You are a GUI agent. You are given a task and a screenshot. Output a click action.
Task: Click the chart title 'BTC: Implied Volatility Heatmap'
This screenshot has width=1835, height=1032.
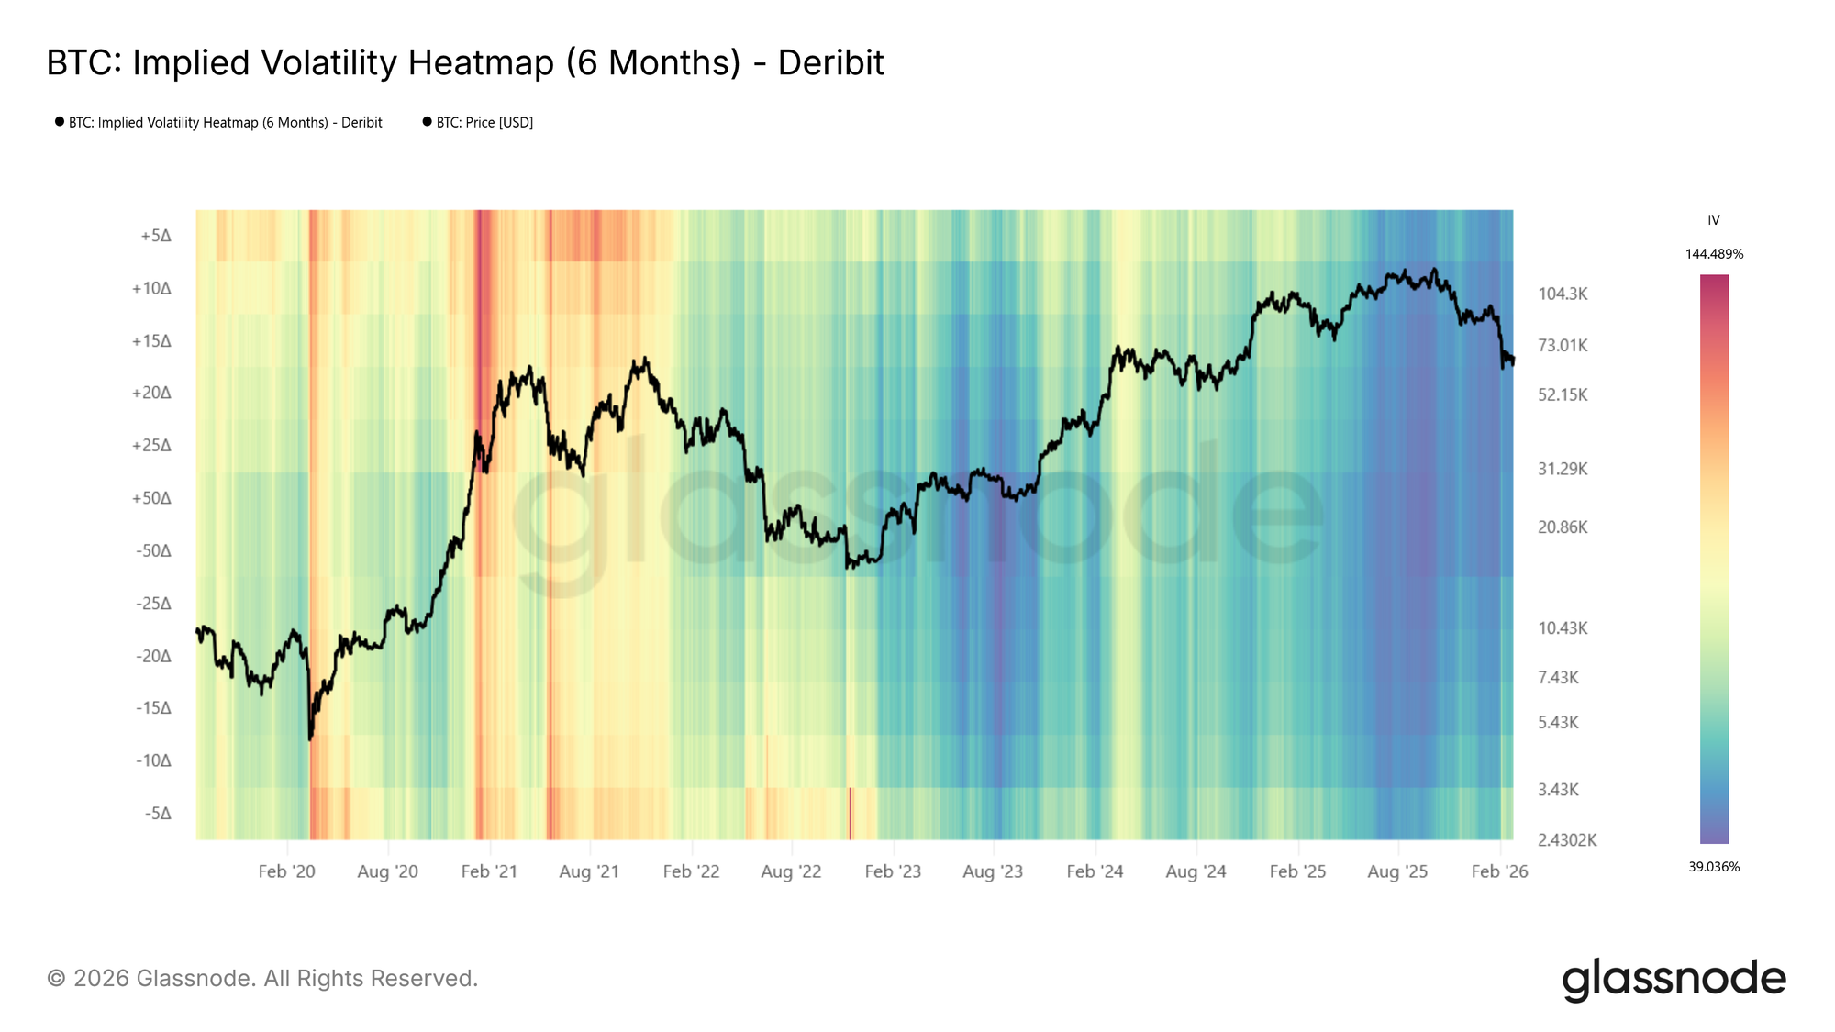[464, 63]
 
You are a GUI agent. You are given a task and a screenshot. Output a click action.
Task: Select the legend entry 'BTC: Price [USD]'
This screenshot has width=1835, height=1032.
[484, 123]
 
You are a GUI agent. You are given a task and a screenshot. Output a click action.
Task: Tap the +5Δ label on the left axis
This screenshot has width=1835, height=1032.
[156, 237]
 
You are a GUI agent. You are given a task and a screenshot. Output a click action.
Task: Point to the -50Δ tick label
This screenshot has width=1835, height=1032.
[153, 551]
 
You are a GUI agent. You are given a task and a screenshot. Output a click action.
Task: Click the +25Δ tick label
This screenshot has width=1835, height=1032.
[151, 446]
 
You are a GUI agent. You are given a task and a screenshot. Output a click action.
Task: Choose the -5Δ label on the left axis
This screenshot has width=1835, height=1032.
[158, 814]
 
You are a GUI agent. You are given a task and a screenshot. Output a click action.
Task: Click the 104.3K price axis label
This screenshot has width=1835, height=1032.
[1563, 294]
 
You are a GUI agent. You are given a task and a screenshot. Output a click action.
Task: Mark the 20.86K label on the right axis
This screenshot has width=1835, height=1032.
[1563, 527]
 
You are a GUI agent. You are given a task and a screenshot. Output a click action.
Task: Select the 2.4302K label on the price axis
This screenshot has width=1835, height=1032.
[1567, 840]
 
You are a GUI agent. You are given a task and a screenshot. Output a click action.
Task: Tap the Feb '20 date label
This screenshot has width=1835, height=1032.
[286, 872]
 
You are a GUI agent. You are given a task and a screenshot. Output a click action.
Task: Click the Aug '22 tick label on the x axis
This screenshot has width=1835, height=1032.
[791, 872]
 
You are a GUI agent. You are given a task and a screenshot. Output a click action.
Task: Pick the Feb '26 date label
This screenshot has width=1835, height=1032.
[1499, 872]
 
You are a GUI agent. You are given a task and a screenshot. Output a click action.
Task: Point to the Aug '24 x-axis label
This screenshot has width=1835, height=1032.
[1196, 872]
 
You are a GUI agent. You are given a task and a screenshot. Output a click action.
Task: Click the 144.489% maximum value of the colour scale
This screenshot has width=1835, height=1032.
[1714, 254]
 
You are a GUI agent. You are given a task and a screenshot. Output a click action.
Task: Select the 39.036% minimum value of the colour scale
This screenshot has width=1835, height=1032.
[1714, 867]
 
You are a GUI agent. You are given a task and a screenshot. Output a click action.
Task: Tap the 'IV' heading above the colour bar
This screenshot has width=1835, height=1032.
[1714, 220]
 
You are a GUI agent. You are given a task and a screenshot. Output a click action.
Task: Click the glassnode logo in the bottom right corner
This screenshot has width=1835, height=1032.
[1674, 979]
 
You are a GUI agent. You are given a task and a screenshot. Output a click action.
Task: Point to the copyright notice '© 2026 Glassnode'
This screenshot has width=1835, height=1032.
[262, 979]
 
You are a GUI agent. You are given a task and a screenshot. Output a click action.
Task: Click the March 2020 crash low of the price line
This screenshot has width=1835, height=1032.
[310, 737]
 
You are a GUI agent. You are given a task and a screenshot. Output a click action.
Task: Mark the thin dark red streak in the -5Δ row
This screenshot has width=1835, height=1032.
[851, 814]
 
